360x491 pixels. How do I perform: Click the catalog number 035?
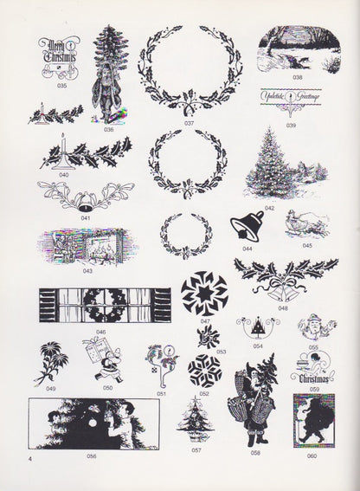pos(61,87)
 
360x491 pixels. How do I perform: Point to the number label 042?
pos(269,208)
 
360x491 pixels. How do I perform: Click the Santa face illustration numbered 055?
pos(312,330)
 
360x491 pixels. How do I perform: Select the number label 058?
pos(255,453)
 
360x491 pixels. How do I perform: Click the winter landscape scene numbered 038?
pos(296,48)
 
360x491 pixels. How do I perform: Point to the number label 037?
pos(189,123)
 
